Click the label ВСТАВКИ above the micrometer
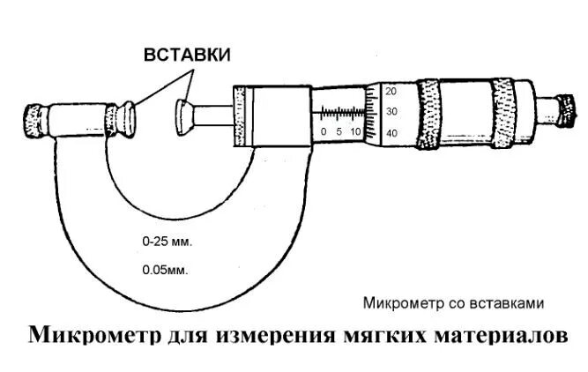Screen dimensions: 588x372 coord(187,55)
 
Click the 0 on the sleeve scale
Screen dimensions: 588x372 coord(324,131)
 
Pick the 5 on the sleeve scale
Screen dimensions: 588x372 coord(339,131)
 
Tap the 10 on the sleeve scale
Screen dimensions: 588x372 coord(355,131)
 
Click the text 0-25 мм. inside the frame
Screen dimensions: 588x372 coord(167,240)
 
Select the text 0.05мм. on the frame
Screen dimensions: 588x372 coord(165,270)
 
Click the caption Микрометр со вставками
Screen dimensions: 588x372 coord(453,302)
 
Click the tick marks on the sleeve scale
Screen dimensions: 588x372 coord(340,114)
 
